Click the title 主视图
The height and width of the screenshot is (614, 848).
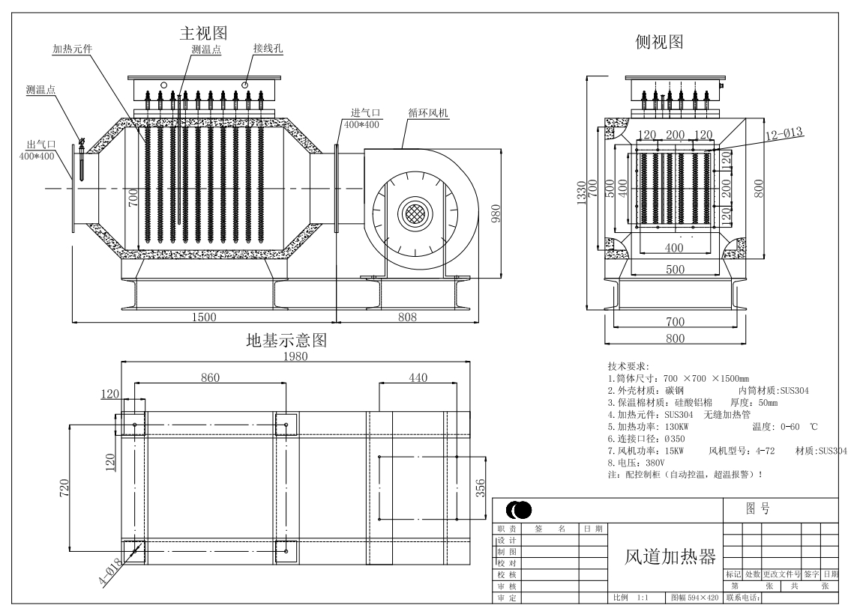[203, 33]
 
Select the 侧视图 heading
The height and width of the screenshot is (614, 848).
[659, 42]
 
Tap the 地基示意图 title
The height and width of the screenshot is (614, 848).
[286, 340]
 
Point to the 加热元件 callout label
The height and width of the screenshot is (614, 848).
[73, 49]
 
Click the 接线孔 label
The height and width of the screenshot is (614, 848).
[268, 48]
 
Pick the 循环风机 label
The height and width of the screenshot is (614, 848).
[428, 113]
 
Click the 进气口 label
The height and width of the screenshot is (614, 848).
[366, 112]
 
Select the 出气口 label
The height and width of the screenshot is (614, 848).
[42, 145]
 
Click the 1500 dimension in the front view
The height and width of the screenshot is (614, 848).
[204, 317]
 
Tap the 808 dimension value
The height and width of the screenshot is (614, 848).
[407, 317]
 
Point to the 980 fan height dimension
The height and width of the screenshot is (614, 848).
[496, 213]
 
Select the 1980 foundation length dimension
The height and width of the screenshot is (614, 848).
[295, 356]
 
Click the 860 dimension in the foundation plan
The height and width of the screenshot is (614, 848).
[211, 377]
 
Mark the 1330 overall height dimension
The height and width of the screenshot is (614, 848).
[581, 192]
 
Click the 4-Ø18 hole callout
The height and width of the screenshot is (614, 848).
[110, 572]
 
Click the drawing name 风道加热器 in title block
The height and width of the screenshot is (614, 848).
[670, 557]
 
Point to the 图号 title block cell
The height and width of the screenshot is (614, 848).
[758, 508]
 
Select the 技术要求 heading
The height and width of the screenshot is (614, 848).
[628, 366]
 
